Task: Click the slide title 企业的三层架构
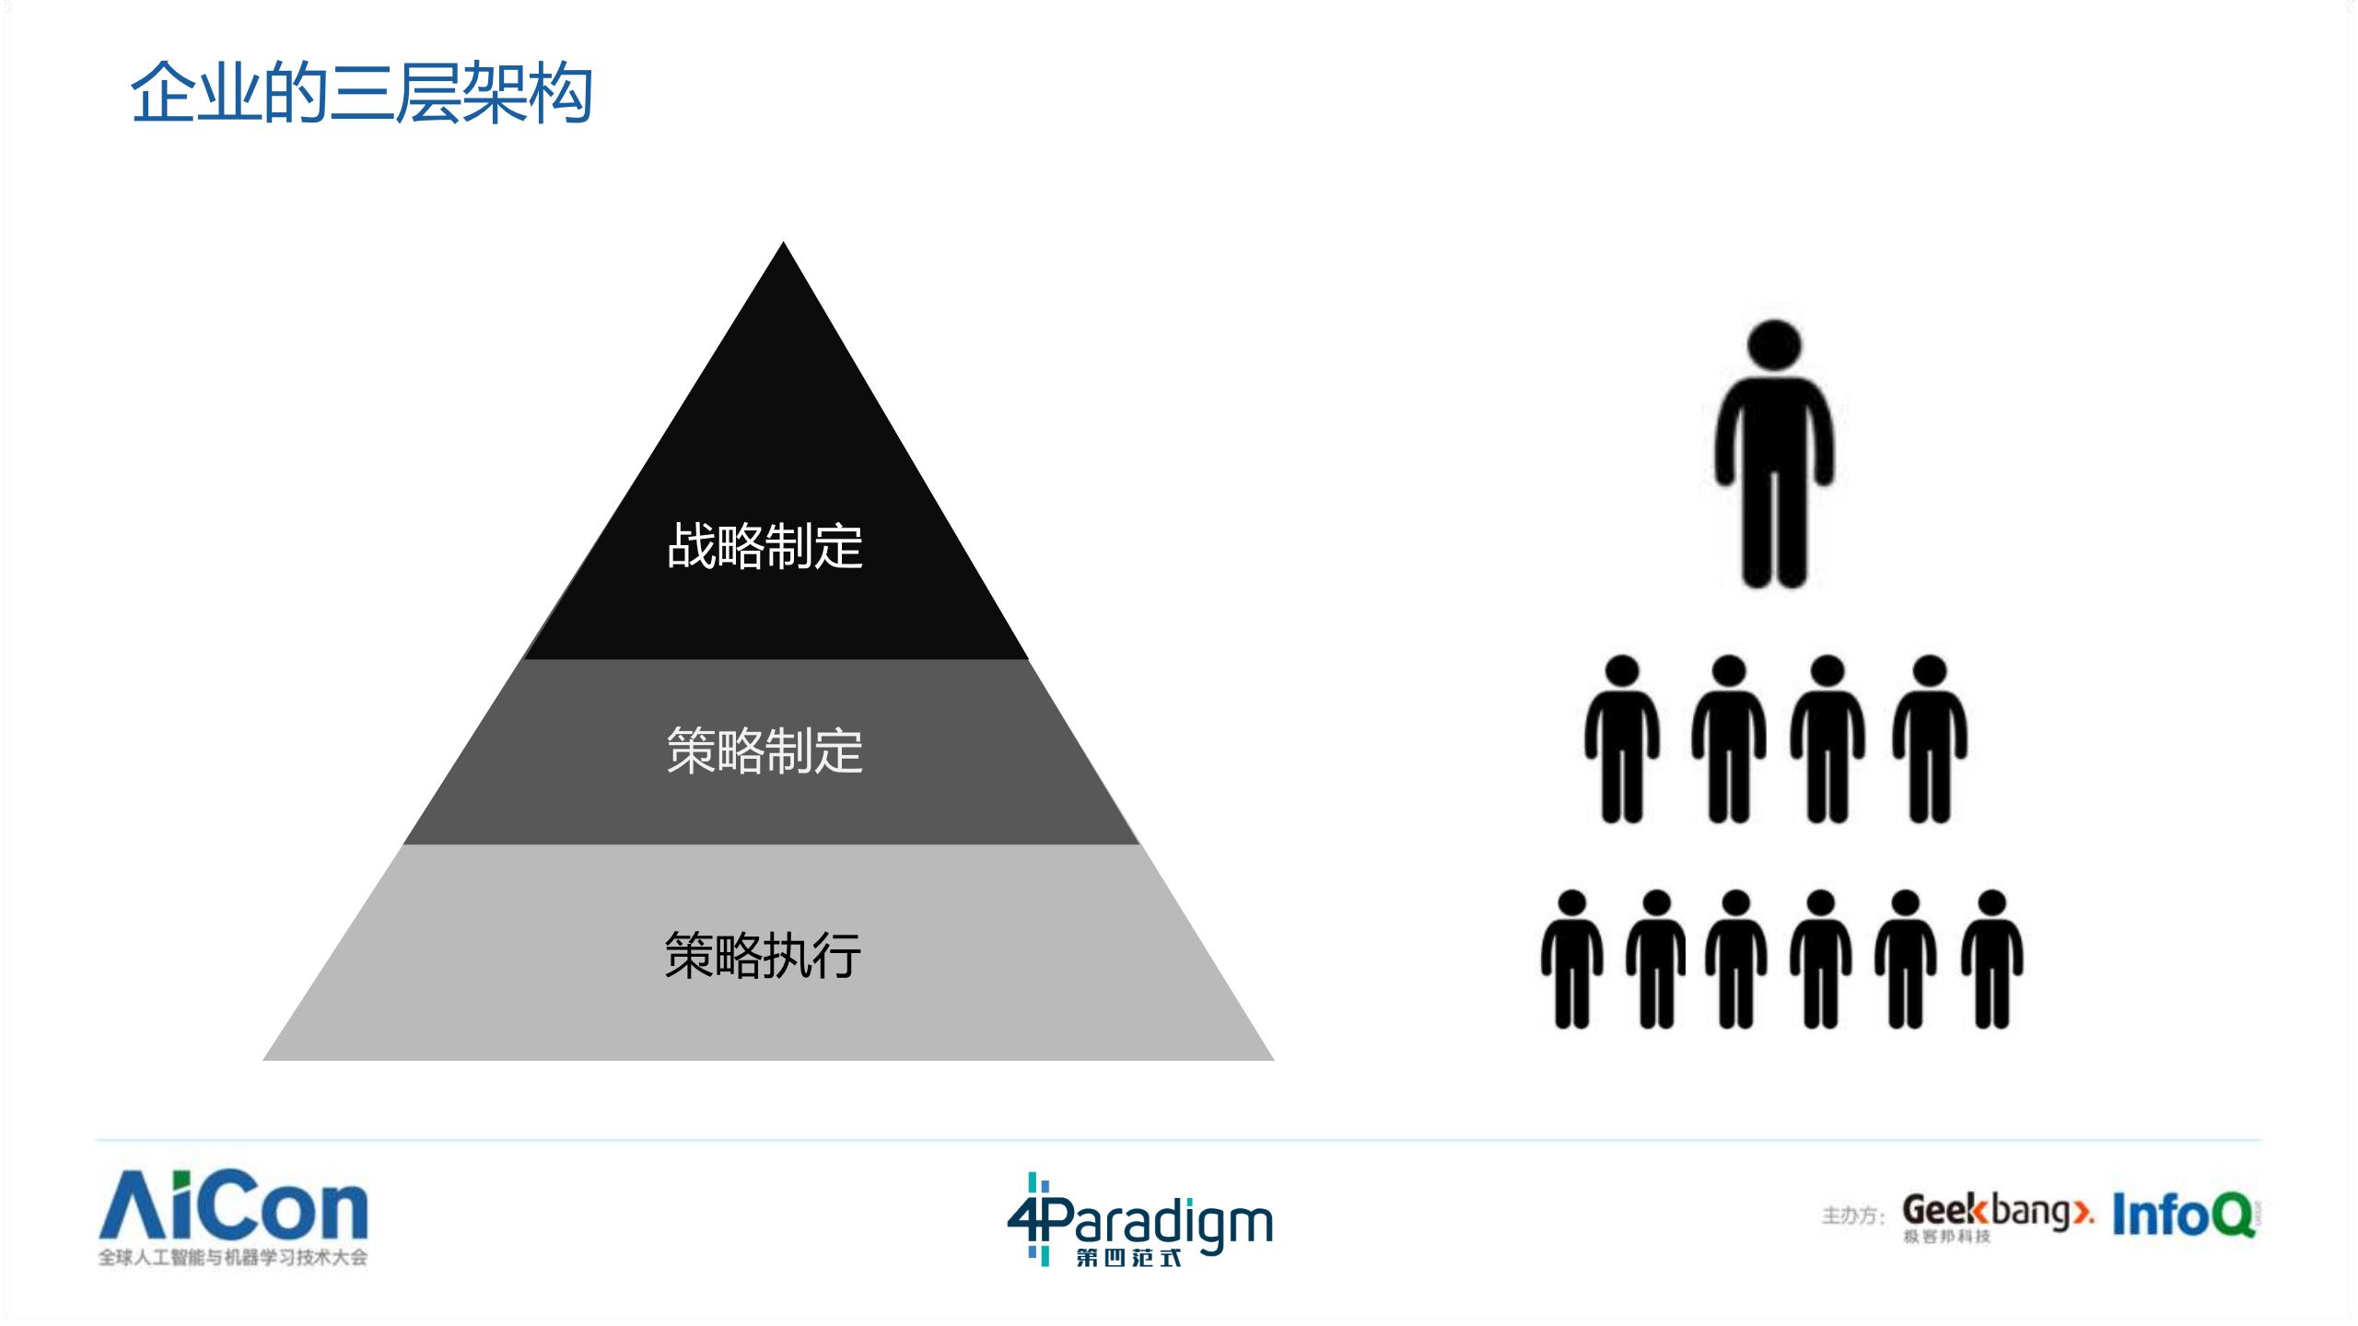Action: click(361, 94)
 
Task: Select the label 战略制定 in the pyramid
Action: click(765, 546)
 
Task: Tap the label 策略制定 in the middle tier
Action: click(765, 750)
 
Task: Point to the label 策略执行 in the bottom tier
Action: click(763, 955)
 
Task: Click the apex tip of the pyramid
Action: click(783, 245)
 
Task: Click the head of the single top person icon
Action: click(1774, 349)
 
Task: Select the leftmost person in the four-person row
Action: click(1622, 741)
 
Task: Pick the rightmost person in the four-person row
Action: click(1930, 741)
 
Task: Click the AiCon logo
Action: click(234, 1206)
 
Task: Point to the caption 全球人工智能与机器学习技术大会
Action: click(233, 1257)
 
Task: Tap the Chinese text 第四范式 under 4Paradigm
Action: click(1128, 1256)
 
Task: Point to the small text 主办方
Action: click(1852, 1215)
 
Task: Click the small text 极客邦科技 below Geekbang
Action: click(1947, 1237)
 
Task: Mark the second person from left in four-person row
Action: click(1729, 741)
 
